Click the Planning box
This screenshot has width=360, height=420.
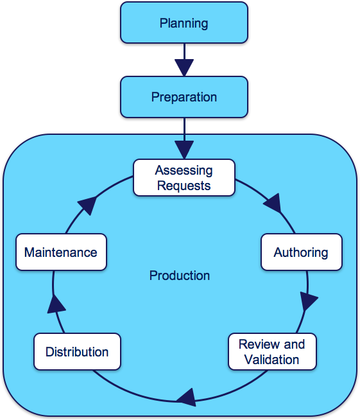[184, 22]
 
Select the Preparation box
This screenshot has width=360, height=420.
[184, 97]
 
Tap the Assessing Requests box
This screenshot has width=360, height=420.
[184, 178]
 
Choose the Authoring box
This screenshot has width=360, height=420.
[302, 252]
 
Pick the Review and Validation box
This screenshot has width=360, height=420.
[272, 351]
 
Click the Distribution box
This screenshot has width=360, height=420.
[77, 351]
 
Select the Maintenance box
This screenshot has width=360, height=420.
[61, 252]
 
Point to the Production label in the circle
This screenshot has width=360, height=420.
[180, 276]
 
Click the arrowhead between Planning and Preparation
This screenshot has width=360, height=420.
[184, 67]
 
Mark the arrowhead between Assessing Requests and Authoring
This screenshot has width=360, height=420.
[273, 204]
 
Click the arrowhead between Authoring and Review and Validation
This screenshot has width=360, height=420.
[308, 301]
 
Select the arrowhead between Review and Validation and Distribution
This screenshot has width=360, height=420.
[187, 398]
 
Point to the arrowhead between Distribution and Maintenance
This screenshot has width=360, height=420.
[56, 304]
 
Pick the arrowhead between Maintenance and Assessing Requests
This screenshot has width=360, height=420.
[87, 205]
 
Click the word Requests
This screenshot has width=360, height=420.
[184, 186]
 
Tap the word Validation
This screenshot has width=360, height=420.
[271, 360]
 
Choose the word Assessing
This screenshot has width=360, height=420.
[184, 171]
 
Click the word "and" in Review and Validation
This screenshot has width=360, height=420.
[295, 344]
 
